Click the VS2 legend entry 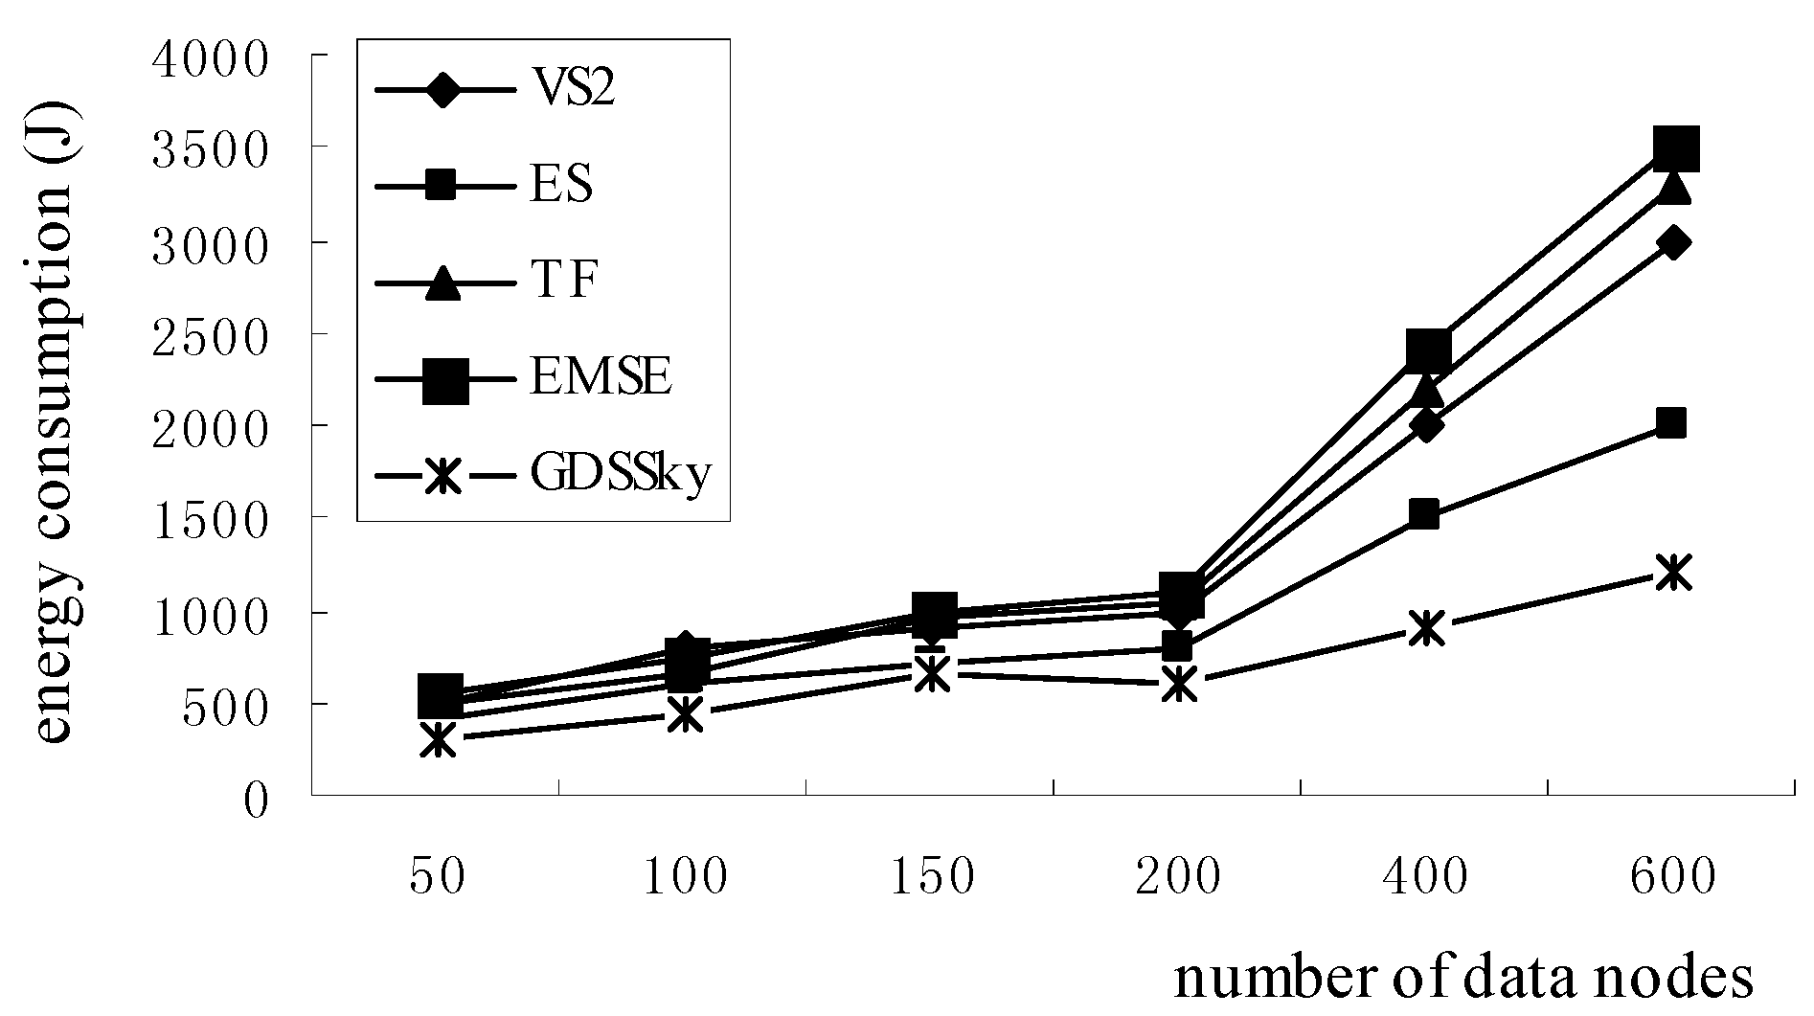coord(573,90)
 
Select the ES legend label coord(561,184)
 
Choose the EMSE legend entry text coord(601,377)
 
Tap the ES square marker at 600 coord(1670,422)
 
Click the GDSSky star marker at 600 coord(1672,573)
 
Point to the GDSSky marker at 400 coord(1426,628)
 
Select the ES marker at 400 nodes coord(1424,514)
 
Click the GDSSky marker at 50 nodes coord(438,739)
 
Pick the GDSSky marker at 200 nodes coord(1178,684)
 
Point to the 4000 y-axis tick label coord(212,59)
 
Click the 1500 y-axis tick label coord(212,521)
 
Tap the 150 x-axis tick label coord(932,876)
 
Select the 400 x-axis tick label coord(1425,876)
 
